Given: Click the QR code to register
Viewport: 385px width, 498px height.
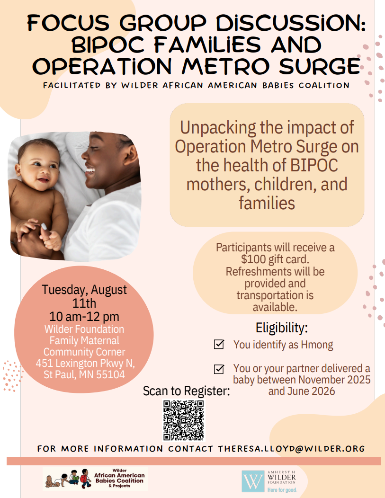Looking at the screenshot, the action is pos(184,420).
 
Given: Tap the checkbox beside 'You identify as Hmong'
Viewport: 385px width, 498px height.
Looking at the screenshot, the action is pos(219,344).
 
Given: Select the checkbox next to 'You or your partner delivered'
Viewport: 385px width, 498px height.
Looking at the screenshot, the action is pos(219,369).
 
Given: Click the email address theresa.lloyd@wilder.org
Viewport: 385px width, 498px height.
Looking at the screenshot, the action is pos(291,448).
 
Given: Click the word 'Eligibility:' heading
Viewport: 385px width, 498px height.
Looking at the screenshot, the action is pos(282,328).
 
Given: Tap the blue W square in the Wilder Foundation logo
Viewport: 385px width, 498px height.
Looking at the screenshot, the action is pos(253,481).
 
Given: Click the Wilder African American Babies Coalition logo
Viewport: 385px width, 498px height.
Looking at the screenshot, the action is pos(95,479).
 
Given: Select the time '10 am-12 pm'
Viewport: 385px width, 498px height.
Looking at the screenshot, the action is pos(84,317).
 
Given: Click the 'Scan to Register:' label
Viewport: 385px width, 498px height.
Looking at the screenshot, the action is pos(186,391).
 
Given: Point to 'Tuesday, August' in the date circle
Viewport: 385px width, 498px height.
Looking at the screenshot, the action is pos(84,290).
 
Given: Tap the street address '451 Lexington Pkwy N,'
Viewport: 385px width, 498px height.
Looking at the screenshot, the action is pos(85,363).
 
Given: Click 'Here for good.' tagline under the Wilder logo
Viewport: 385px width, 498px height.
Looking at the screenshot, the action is pos(282,490).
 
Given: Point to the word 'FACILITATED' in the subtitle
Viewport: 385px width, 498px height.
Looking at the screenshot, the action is pos(72,85).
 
